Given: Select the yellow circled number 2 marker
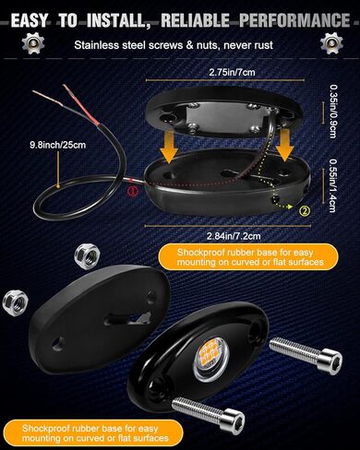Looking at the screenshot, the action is (304, 208).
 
